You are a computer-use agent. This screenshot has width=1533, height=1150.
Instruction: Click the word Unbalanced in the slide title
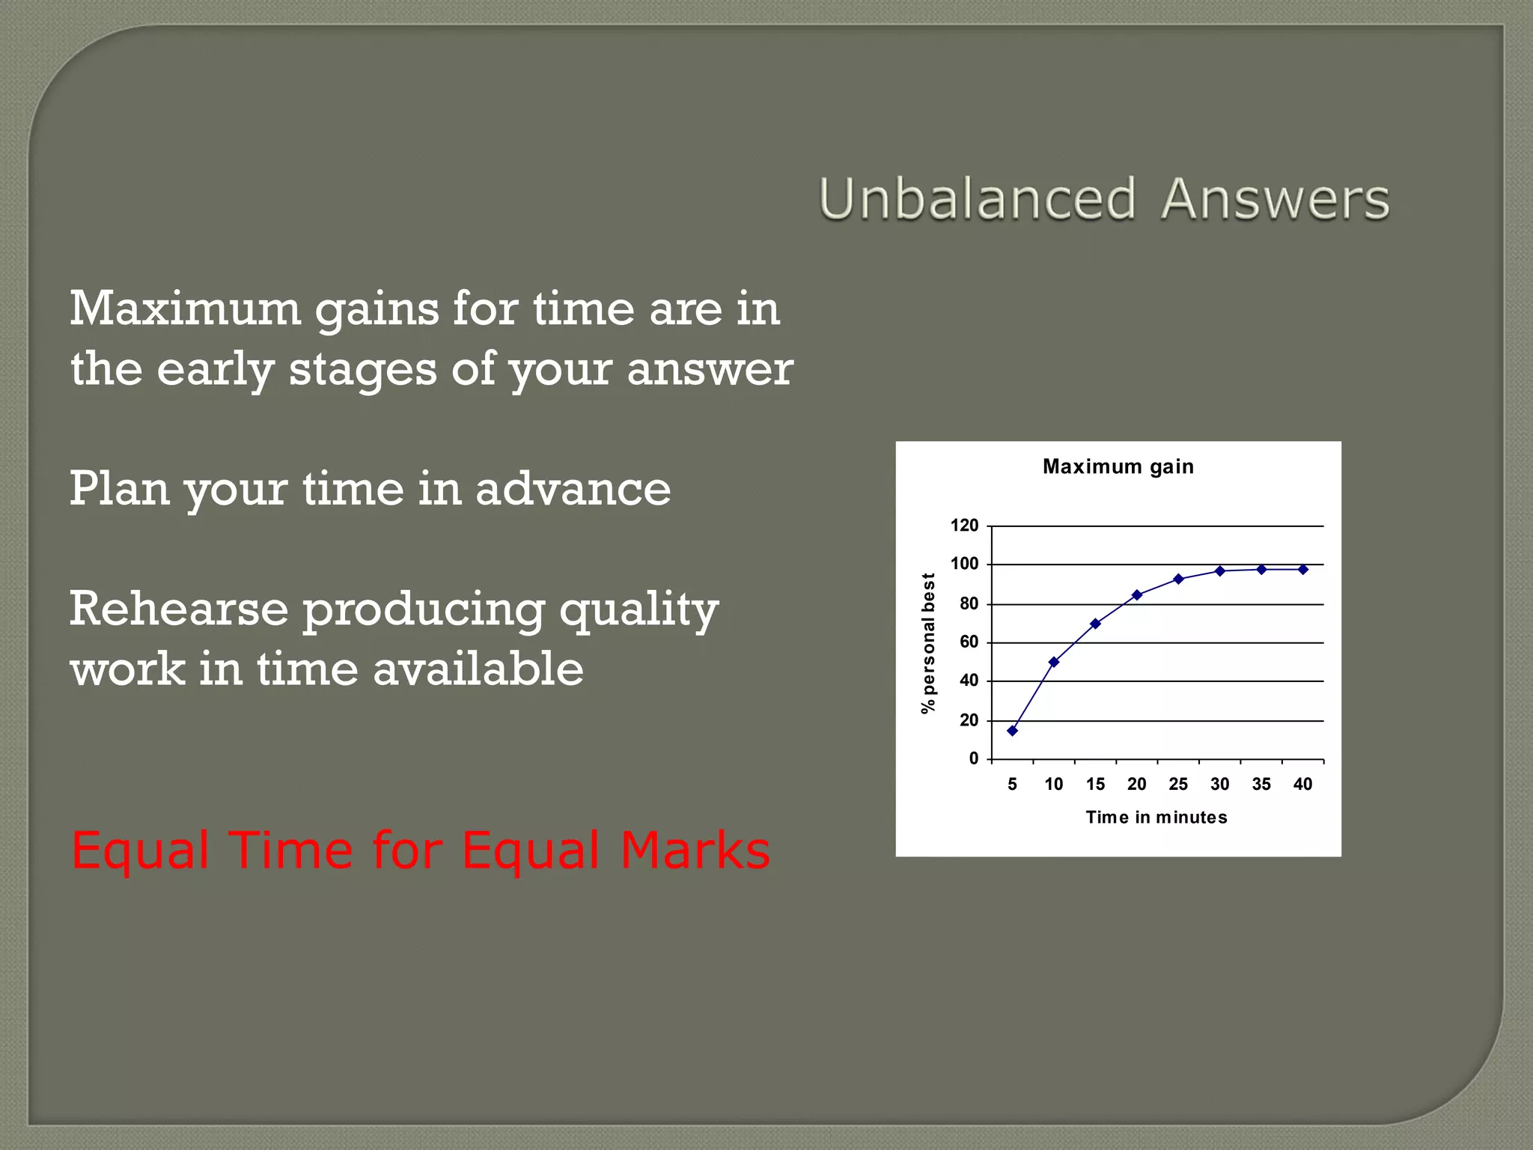pos(978,199)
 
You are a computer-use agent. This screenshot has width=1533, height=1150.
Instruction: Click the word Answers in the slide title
pos(1275,199)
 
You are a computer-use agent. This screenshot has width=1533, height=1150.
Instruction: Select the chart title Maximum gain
pos(1118,466)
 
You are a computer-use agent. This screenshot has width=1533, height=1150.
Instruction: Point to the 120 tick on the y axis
pos(964,526)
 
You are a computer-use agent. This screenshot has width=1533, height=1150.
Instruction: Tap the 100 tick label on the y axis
pos(964,564)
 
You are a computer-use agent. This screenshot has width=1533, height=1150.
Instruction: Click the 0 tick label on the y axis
pos(973,758)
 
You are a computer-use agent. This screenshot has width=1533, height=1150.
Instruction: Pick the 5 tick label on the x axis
pos(1012,784)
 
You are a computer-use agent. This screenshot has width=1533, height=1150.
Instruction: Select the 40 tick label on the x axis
pos(1302,784)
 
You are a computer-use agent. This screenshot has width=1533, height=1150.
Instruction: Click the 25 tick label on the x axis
pos(1178,784)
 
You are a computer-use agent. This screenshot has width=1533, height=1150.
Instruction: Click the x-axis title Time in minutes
pos(1156,817)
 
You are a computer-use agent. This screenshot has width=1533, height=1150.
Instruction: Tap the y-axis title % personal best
pos(928,643)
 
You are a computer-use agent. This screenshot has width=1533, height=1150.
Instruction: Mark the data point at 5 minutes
pos(1012,731)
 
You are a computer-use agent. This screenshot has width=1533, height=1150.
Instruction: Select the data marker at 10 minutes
pos(1054,662)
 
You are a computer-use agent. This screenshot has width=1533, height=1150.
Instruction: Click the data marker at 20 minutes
pos(1137,594)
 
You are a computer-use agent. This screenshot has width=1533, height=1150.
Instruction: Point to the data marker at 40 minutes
pos(1303,569)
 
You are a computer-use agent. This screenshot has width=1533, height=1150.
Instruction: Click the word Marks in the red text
pos(695,851)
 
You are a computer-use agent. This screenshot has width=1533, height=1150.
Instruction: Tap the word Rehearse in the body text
pos(179,608)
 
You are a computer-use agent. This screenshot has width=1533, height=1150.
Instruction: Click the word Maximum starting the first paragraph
pos(185,308)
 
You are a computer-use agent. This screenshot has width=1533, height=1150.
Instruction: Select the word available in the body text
pos(478,669)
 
